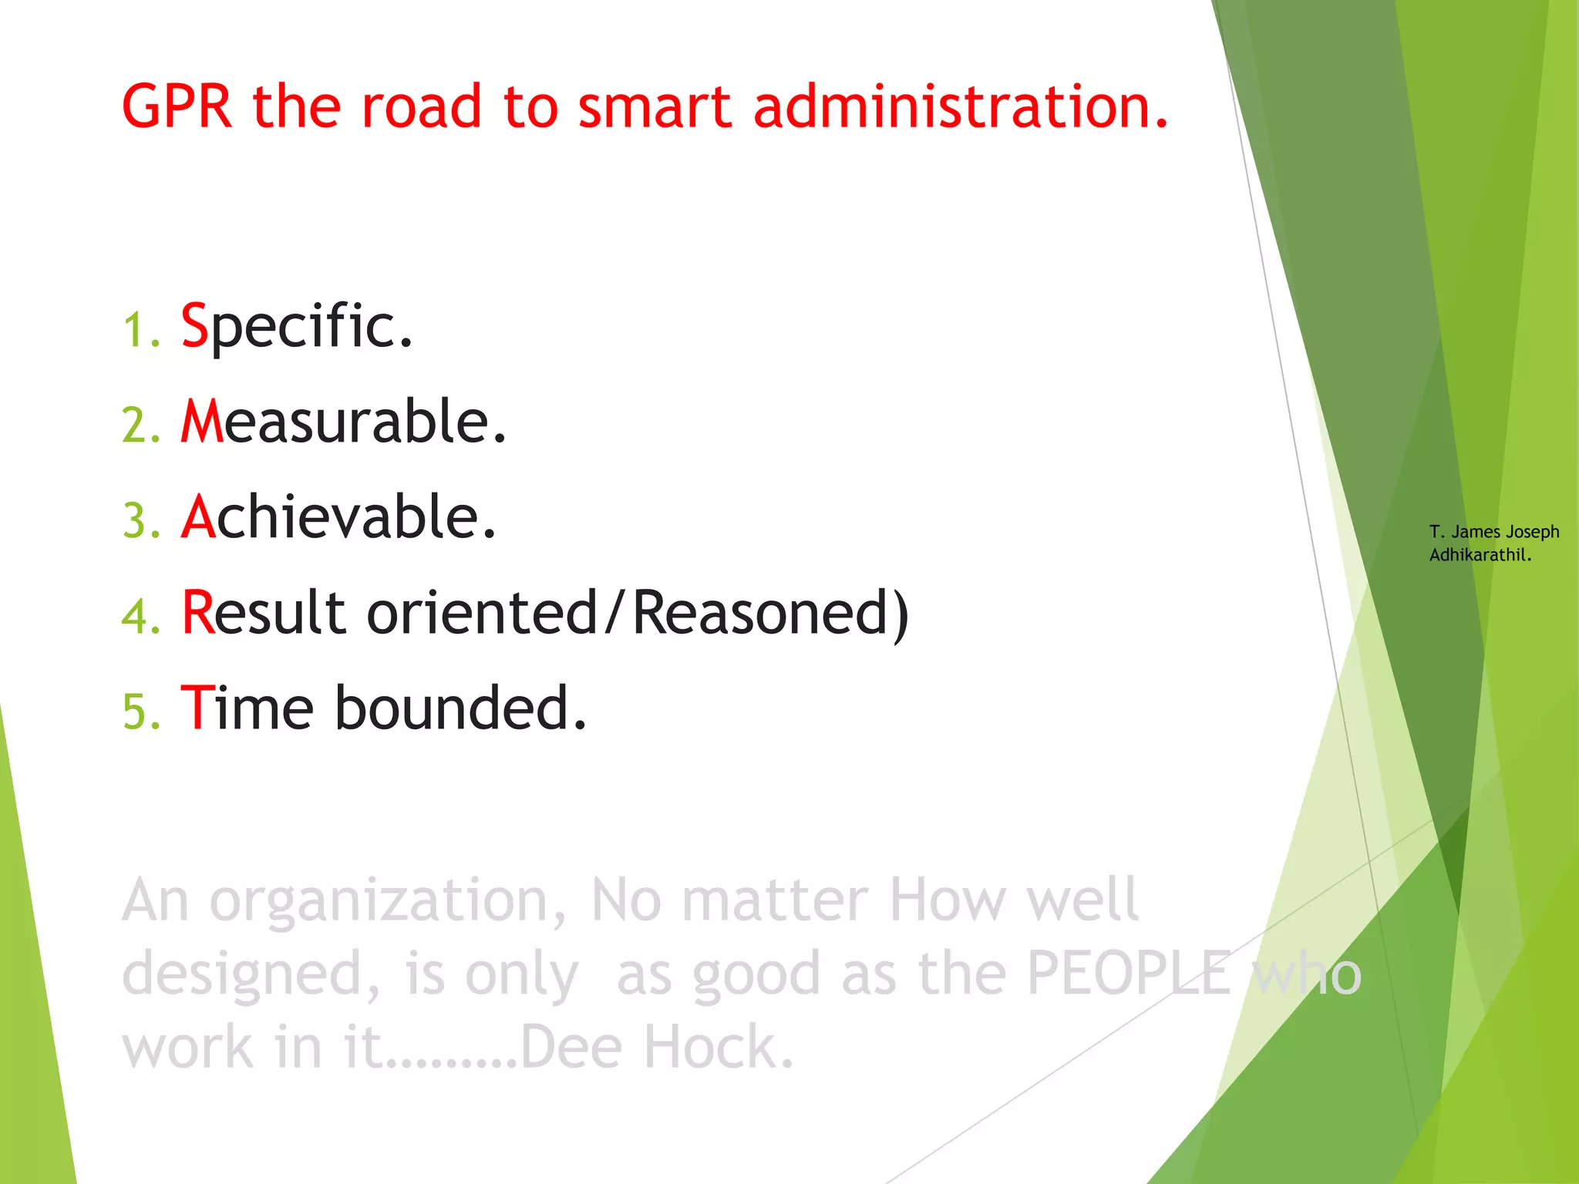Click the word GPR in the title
pyautogui.click(x=177, y=106)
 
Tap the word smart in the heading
pyautogui.click(x=654, y=106)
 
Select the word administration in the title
pyautogui.click(x=960, y=106)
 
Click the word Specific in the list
pyautogui.click(x=297, y=327)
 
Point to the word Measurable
pyautogui.click(x=344, y=422)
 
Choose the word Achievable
pyautogui.click(x=339, y=517)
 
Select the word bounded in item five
pyautogui.click(x=460, y=708)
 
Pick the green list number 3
pyautogui.click(x=140, y=522)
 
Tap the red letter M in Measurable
pyautogui.click(x=202, y=422)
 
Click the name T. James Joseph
pyautogui.click(x=1493, y=532)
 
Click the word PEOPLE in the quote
pyautogui.click(x=1129, y=974)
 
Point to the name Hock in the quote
pyautogui.click(x=717, y=1048)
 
